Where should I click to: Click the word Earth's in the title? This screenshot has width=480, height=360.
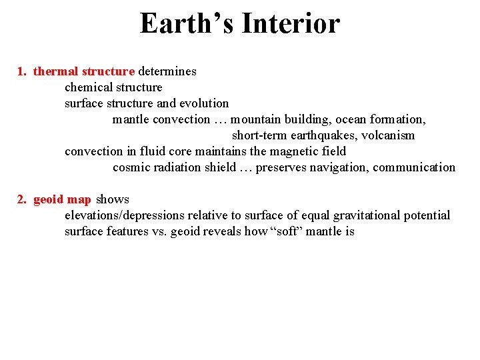[x=187, y=24]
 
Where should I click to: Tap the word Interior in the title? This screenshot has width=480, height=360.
[x=291, y=24]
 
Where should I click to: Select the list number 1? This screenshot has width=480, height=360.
[x=21, y=71]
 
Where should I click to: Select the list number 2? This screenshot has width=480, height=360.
[x=21, y=199]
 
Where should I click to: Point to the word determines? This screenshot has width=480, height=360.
[x=167, y=71]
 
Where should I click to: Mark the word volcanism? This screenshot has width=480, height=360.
[x=388, y=135]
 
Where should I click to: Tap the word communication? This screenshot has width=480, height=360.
[x=414, y=167]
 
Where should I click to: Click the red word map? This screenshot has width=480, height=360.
[x=79, y=199]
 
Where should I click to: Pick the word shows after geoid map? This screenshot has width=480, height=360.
[x=113, y=199]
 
